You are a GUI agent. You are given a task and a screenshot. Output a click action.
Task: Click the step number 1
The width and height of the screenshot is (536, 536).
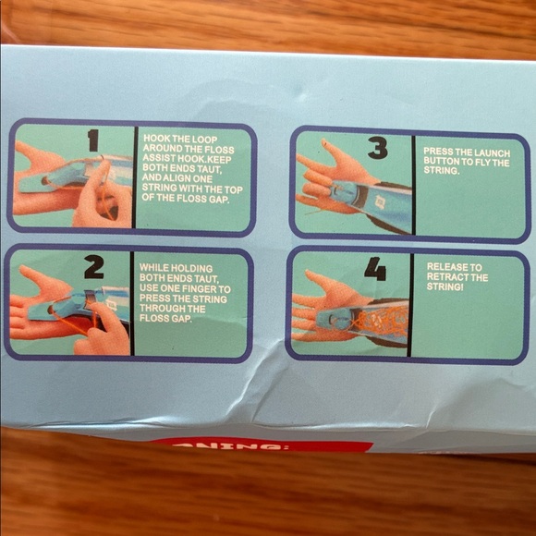(92, 140)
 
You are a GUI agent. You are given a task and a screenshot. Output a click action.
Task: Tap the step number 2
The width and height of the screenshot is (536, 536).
(93, 267)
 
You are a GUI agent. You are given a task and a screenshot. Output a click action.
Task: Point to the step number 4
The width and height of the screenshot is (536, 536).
(374, 269)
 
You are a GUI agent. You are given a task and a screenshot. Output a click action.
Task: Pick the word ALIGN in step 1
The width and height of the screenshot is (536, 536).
(171, 179)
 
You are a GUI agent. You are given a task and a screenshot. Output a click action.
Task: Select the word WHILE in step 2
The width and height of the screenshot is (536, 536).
(152, 267)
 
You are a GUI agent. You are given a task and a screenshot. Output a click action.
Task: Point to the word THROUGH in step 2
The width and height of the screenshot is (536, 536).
(163, 309)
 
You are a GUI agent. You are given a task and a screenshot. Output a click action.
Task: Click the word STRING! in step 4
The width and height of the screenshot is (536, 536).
(447, 289)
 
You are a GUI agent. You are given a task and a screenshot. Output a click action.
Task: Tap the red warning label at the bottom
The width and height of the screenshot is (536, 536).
(262, 446)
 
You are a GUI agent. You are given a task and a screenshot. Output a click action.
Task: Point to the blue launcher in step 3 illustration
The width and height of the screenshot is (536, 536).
(347, 192)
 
